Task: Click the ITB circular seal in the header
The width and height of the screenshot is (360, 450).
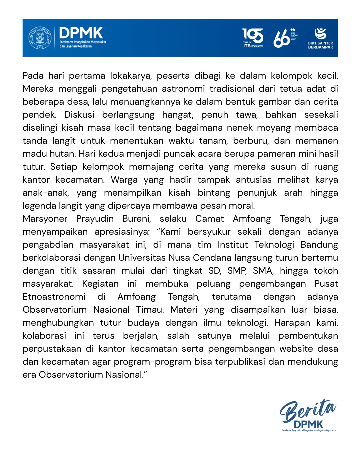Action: click(40, 38)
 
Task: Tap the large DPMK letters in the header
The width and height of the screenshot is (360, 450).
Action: click(81, 33)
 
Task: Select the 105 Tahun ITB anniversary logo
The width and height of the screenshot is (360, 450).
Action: click(253, 38)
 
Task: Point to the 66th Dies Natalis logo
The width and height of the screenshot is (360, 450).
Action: click(285, 38)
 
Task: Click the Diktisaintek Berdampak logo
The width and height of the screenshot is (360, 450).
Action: click(320, 38)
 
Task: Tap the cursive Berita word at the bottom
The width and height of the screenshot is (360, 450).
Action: click(307, 411)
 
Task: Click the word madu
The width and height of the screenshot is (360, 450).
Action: click(32, 154)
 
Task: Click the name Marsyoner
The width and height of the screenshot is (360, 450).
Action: click(45, 219)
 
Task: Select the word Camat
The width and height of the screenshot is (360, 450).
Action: click(210, 219)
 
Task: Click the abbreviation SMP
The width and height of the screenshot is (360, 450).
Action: click(237, 271)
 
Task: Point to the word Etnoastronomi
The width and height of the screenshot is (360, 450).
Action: click(54, 297)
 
